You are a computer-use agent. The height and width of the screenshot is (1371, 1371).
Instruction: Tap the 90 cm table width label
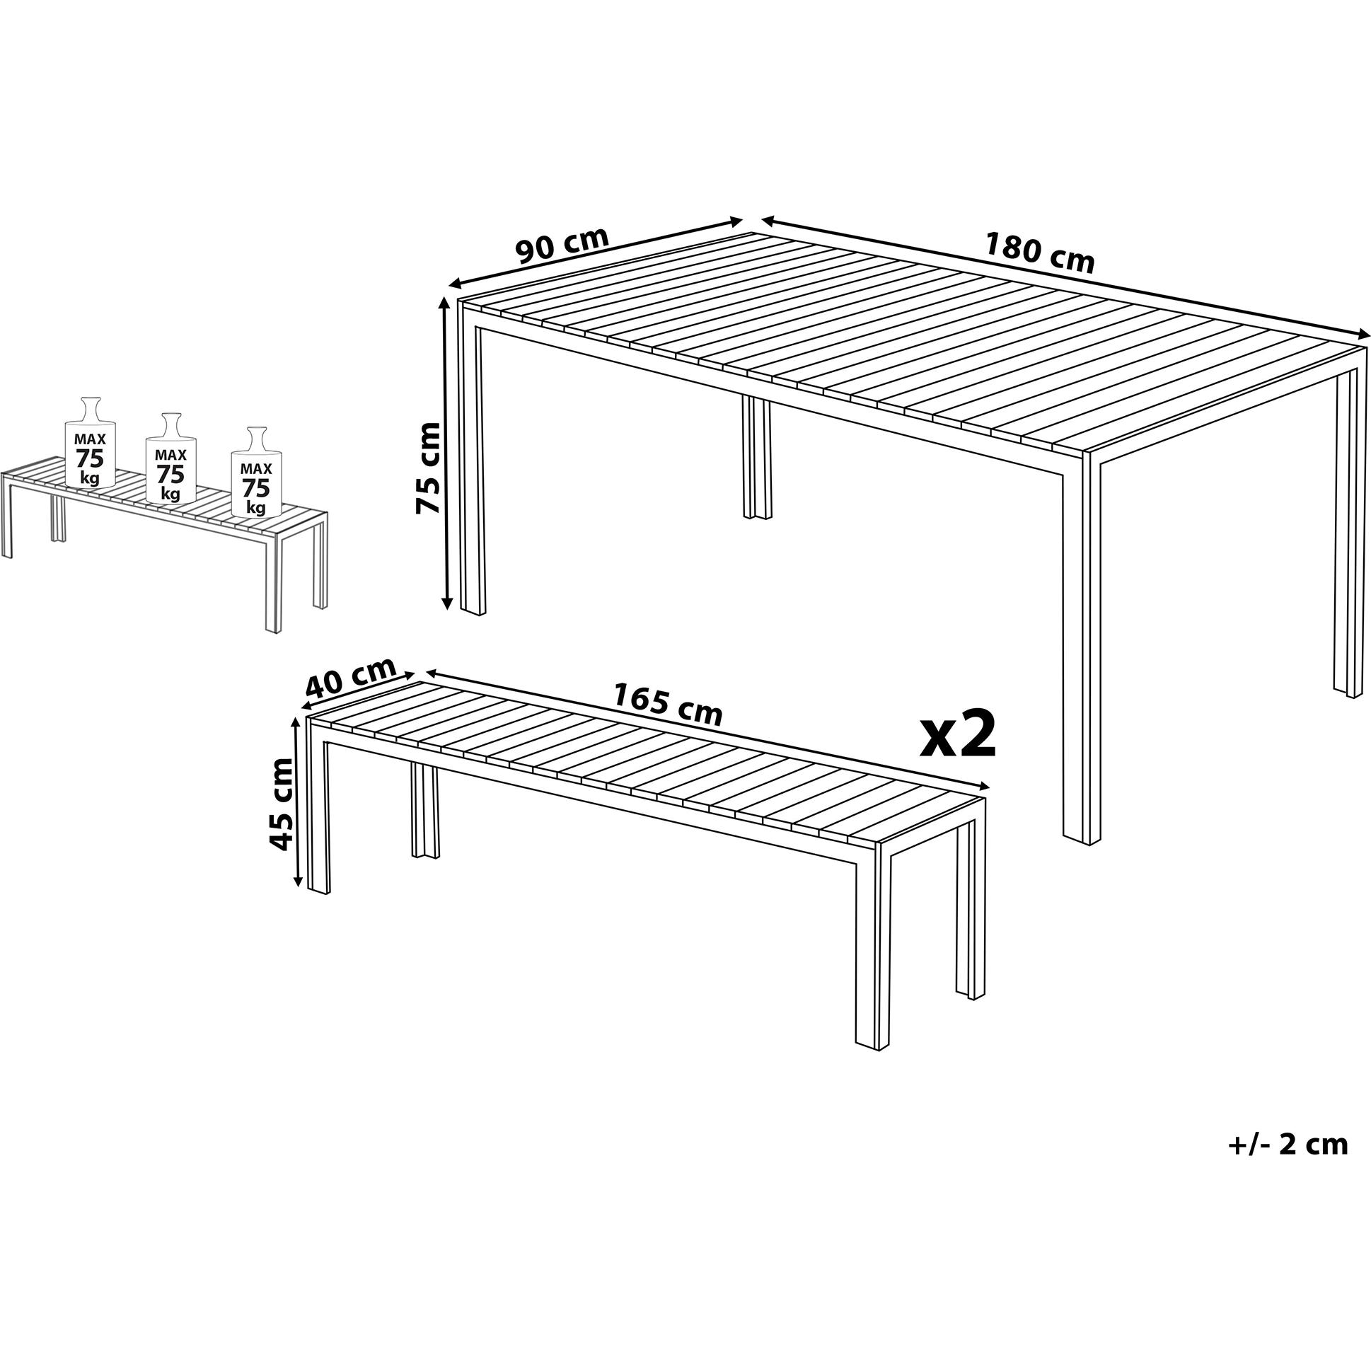[x=562, y=245]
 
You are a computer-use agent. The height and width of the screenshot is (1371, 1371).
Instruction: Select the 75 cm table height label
[x=428, y=467]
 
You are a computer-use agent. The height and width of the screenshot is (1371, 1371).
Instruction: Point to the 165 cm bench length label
[x=667, y=703]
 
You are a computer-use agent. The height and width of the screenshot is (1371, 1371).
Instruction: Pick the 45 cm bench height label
[x=281, y=804]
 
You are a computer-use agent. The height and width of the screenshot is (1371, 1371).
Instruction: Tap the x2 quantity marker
[x=959, y=736]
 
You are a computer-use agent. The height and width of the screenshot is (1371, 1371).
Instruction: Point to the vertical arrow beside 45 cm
[x=297, y=802]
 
